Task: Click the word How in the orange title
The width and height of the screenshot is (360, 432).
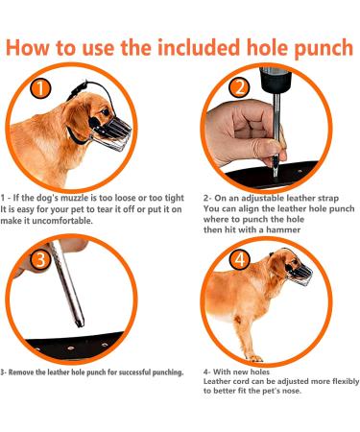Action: pyautogui.click(x=38, y=47)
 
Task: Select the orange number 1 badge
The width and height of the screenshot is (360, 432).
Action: pyautogui.click(x=39, y=90)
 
